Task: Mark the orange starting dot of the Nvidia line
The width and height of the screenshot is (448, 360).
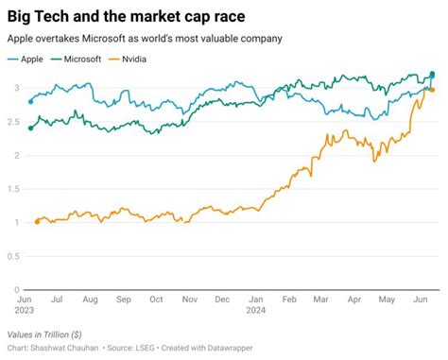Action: (37, 221)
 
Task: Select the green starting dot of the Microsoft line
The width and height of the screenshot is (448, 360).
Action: (31, 128)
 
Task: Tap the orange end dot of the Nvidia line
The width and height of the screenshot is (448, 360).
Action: (432, 90)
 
